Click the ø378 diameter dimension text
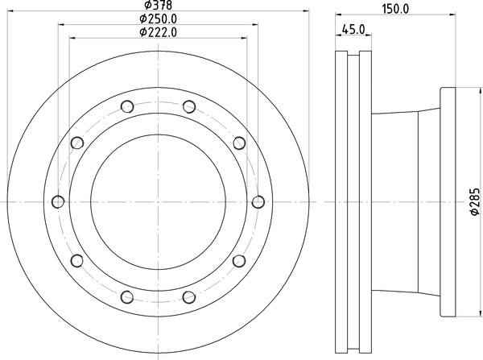point(159,5)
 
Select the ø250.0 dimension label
point(159,19)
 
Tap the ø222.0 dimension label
point(159,32)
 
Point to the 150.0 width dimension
point(395,9)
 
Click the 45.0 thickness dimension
point(353,30)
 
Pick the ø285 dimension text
point(475,201)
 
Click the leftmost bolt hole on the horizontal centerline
point(58,202)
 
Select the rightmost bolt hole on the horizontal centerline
point(258,202)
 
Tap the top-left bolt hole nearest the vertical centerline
point(127,106)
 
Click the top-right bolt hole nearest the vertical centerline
point(189,106)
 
